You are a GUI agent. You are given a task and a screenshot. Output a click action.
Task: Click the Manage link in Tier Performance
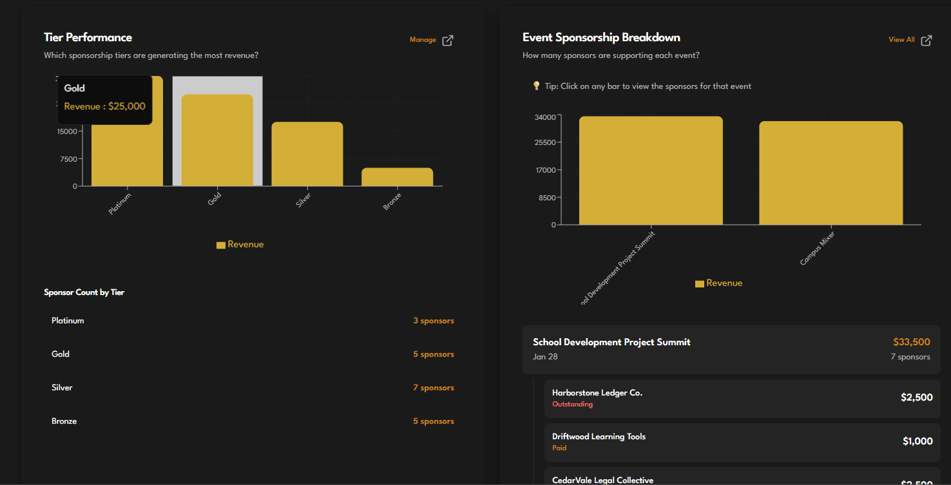click(423, 40)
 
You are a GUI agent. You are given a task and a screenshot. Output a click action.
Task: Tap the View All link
click(901, 40)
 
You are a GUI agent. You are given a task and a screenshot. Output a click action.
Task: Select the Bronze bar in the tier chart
click(397, 177)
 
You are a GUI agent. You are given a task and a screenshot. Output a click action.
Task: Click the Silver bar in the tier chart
click(307, 155)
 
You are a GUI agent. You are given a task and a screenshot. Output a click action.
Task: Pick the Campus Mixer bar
click(831, 173)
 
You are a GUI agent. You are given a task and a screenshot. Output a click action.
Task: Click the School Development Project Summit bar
click(651, 171)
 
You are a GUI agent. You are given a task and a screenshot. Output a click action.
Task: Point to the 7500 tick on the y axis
click(68, 159)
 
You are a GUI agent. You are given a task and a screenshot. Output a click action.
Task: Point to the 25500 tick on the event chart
click(544, 142)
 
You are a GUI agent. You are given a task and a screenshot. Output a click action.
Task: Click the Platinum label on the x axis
click(120, 204)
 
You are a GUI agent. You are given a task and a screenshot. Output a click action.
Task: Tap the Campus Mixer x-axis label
click(818, 249)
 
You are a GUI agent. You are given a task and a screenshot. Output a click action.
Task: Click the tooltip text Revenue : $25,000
click(104, 106)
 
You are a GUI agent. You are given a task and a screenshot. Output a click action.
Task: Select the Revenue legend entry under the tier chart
click(240, 245)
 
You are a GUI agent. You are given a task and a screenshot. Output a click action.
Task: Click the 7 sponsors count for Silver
click(433, 388)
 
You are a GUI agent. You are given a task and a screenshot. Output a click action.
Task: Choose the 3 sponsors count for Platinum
click(433, 321)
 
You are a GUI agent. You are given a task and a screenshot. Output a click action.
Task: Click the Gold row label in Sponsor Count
click(61, 354)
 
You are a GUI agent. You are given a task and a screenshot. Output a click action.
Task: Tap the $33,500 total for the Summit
click(911, 342)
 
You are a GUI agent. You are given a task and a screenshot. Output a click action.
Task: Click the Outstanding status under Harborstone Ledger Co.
click(572, 404)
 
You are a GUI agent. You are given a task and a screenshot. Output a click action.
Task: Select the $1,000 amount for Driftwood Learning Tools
click(917, 441)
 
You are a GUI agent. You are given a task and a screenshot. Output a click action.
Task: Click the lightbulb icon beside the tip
click(536, 86)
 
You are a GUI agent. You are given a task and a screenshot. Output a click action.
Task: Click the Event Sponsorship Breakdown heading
click(601, 37)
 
